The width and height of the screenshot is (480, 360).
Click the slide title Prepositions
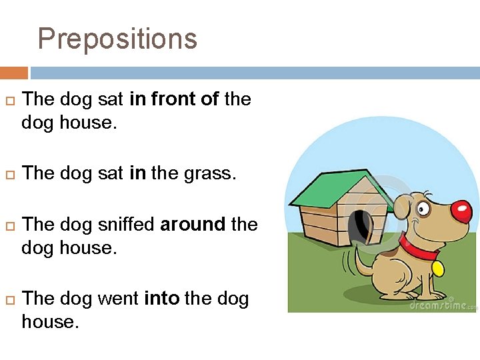pos(117,39)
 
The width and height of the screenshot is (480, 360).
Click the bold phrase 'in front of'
pos(174,99)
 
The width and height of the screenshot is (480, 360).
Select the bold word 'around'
pos(193,224)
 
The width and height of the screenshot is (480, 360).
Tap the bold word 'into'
pos(161,298)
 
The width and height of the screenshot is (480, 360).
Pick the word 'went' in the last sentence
pos(119,298)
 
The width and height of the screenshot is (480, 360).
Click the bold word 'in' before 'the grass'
pos(137,174)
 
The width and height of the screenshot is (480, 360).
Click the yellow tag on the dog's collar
pos(438,268)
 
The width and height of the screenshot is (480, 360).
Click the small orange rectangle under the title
pos(14,73)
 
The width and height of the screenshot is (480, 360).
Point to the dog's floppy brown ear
pos(401,207)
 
